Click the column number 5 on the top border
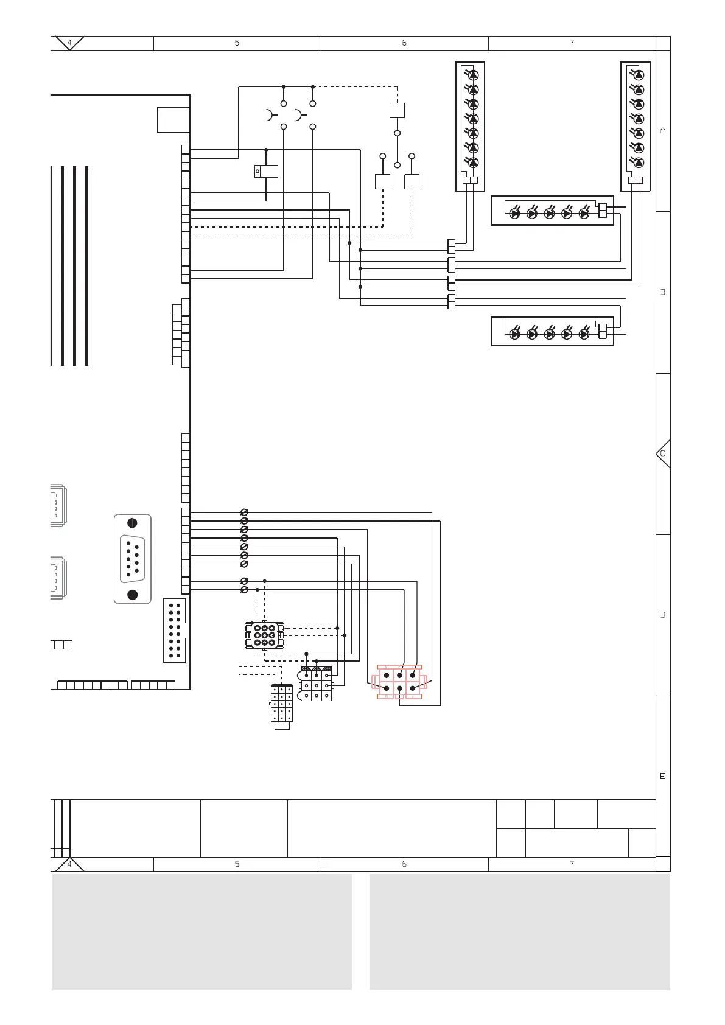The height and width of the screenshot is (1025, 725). pos(237,43)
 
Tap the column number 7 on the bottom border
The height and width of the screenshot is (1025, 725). pos(572,864)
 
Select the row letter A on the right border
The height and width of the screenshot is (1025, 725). pos(662,130)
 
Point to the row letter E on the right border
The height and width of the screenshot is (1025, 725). pos(662,776)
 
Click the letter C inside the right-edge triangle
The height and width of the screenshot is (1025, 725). pos(662,453)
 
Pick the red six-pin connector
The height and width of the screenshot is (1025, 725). pos(399,682)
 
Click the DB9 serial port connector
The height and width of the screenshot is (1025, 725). pos(132,559)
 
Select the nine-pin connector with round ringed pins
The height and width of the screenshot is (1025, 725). pos(265,635)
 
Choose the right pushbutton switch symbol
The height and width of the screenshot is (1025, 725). pos(306,115)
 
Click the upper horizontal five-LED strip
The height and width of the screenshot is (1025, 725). pos(553,211)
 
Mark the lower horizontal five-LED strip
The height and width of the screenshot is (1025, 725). pos(553,331)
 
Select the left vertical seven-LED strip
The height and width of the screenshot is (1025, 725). pos(470,126)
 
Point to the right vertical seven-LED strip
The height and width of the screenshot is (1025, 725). pos(636,126)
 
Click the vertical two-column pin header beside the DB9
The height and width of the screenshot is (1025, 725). pos(175,630)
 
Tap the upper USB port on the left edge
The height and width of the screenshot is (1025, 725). pos(58,505)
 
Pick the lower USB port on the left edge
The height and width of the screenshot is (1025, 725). pos(58,578)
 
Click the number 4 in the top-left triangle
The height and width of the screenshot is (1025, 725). pos(69,43)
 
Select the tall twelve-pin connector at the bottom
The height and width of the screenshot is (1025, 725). pos(281,707)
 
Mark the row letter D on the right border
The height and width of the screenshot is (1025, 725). pos(662,615)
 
